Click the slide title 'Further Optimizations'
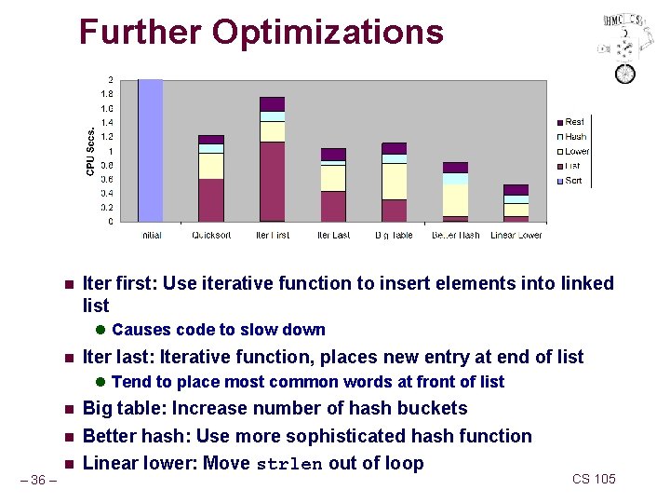coord(261,32)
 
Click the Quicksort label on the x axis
coord(211,236)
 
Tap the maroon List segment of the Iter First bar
coord(272,182)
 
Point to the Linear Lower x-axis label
coord(516,236)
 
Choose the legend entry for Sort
coord(573,181)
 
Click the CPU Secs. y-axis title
coord(90,152)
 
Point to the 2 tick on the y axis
coord(111,79)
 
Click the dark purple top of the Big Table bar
coord(395,148)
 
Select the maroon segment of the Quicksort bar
coord(211,199)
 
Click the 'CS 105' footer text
coord(594,479)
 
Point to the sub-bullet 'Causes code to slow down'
coord(218,330)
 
